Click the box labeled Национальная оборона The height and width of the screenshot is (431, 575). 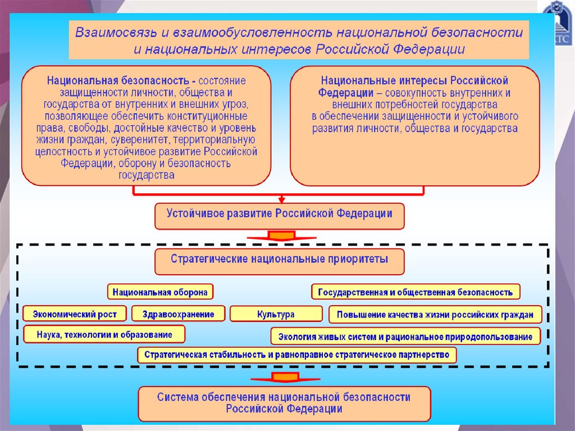coord(161,292)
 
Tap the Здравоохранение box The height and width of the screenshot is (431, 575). coord(178,314)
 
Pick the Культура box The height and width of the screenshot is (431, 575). coord(276,314)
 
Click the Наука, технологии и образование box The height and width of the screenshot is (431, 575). coord(104,334)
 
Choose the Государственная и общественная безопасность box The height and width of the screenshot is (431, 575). coord(416,292)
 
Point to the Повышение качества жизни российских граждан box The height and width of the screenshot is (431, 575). coord(435,314)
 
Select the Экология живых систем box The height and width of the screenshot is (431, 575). coord(405,337)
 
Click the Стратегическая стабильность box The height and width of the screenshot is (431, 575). coord(297,355)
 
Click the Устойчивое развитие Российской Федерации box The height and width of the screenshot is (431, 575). coord(279,215)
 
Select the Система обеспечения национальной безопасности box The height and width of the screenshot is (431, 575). coord(284,403)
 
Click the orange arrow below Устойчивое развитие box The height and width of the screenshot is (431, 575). coord(281,235)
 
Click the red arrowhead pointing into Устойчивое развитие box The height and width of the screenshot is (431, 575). coord(281,199)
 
